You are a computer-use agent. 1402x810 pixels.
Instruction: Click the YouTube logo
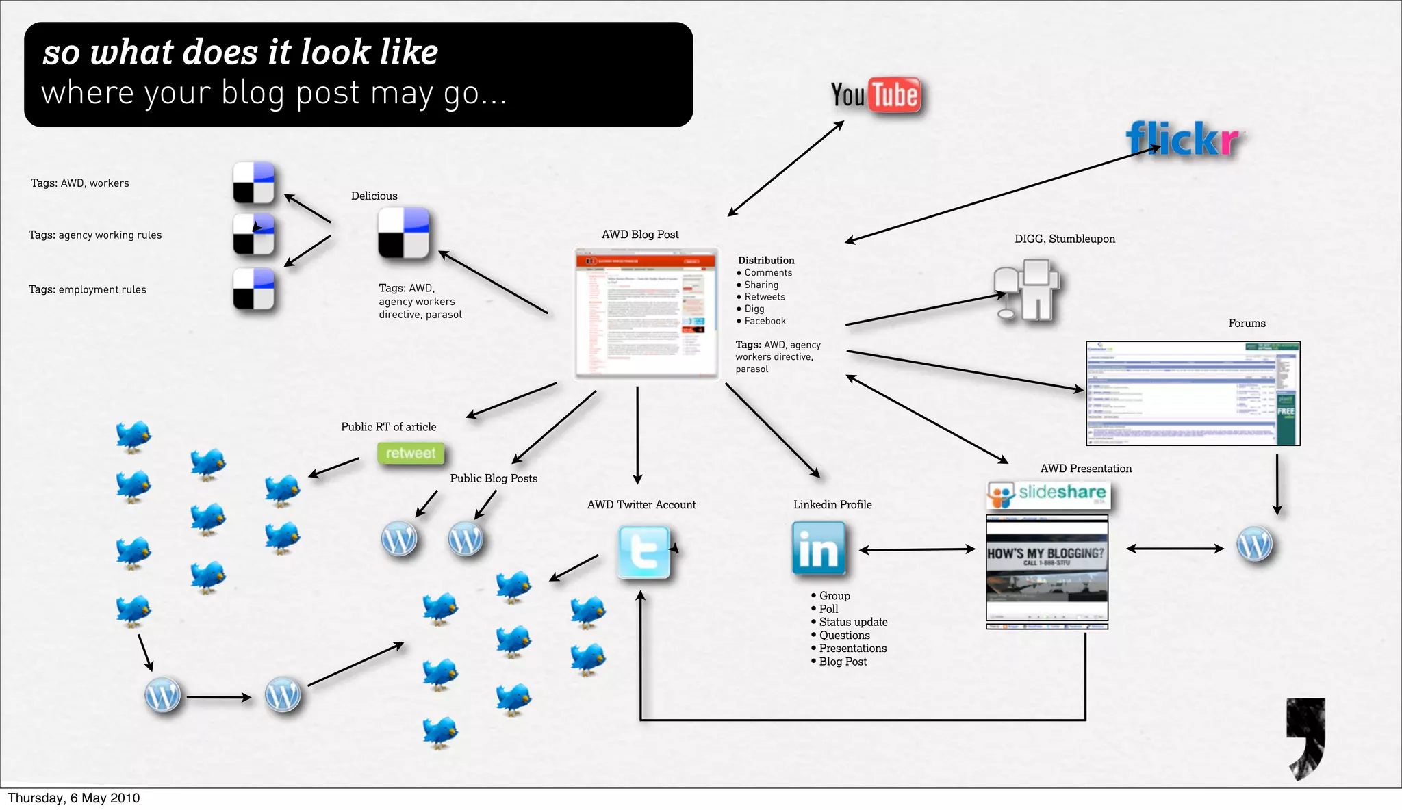(876, 95)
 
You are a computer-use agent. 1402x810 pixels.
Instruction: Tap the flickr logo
(1184, 139)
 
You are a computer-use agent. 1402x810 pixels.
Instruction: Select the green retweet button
(411, 453)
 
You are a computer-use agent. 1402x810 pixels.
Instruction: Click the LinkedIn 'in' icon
(819, 548)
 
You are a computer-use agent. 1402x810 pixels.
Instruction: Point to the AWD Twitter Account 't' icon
(643, 552)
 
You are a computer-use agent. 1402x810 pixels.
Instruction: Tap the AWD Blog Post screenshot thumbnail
(646, 313)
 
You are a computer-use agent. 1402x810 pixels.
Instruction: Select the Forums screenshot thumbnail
(1193, 393)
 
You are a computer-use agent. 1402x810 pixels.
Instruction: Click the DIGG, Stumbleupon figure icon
(1027, 290)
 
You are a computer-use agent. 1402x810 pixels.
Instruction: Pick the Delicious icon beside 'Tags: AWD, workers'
(253, 183)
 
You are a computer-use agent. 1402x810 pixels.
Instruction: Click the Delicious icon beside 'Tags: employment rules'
(253, 289)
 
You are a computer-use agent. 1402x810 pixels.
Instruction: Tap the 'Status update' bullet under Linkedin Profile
(853, 622)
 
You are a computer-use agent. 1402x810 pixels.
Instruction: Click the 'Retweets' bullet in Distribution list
(765, 297)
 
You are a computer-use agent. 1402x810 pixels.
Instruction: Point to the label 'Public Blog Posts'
(494, 478)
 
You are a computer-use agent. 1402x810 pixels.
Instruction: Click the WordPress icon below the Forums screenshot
(1255, 545)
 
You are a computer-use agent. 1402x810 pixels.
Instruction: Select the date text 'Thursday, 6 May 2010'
(74, 798)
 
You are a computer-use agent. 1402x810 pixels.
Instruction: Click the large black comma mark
(1306, 735)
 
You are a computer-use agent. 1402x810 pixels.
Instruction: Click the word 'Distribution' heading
(766, 260)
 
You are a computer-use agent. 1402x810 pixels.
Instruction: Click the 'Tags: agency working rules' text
(95, 235)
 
